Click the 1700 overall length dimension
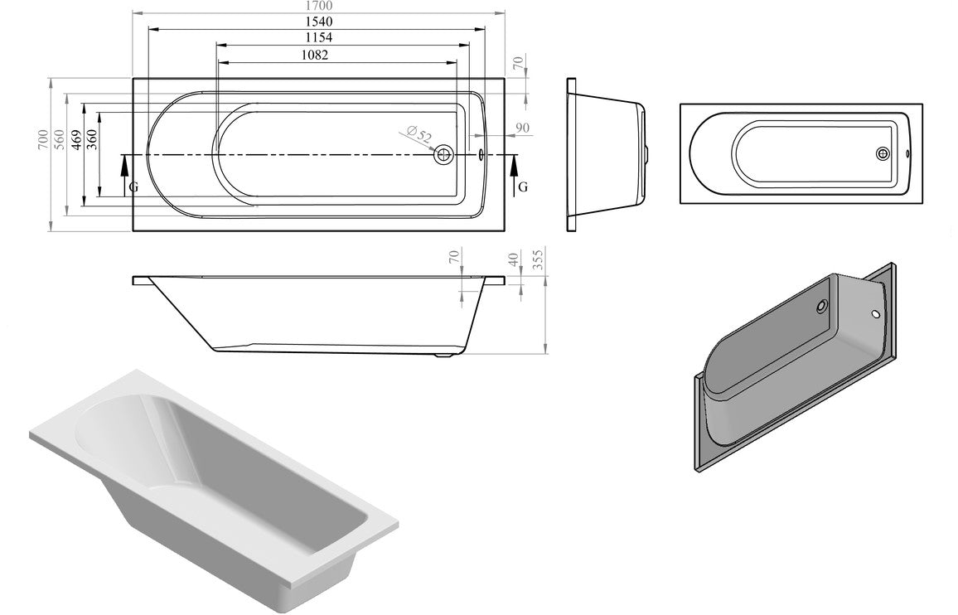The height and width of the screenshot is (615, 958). (x=318, y=6)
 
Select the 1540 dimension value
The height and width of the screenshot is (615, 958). (x=318, y=22)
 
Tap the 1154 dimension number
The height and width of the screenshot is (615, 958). (x=318, y=38)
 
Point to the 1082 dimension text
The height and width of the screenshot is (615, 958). (x=315, y=56)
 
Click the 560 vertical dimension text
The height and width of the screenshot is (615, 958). (x=59, y=140)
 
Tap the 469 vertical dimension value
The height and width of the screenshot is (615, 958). (x=75, y=140)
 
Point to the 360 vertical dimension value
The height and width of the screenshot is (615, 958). (x=91, y=140)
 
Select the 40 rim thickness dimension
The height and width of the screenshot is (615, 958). (x=515, y=259)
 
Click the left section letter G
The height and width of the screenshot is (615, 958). (x=133, y=187)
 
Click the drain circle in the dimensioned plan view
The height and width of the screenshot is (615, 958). (x=444, y=154)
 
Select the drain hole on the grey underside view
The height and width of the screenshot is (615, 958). (x=820, y=305)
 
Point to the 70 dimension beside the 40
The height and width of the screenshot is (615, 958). (x=453, y=257)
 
